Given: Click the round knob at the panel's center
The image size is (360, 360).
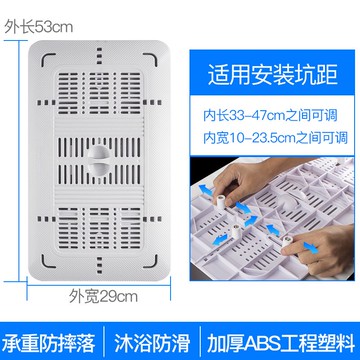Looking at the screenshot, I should pos(101,157).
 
